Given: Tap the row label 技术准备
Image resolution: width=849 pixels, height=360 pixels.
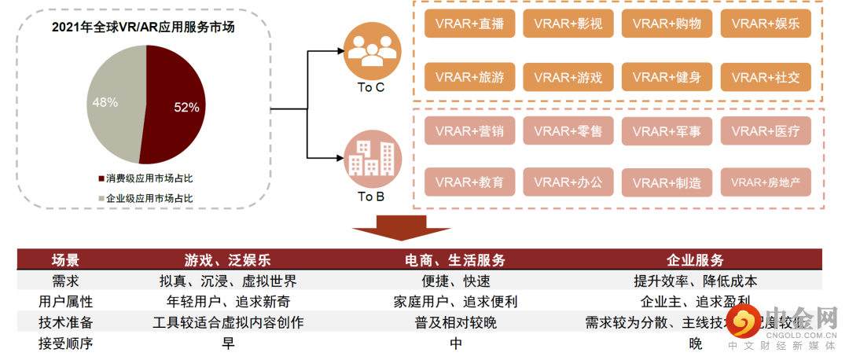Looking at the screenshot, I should click(x=65, y=322).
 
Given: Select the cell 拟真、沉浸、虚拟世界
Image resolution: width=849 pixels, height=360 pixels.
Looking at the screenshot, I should click(x=227, y=281).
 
